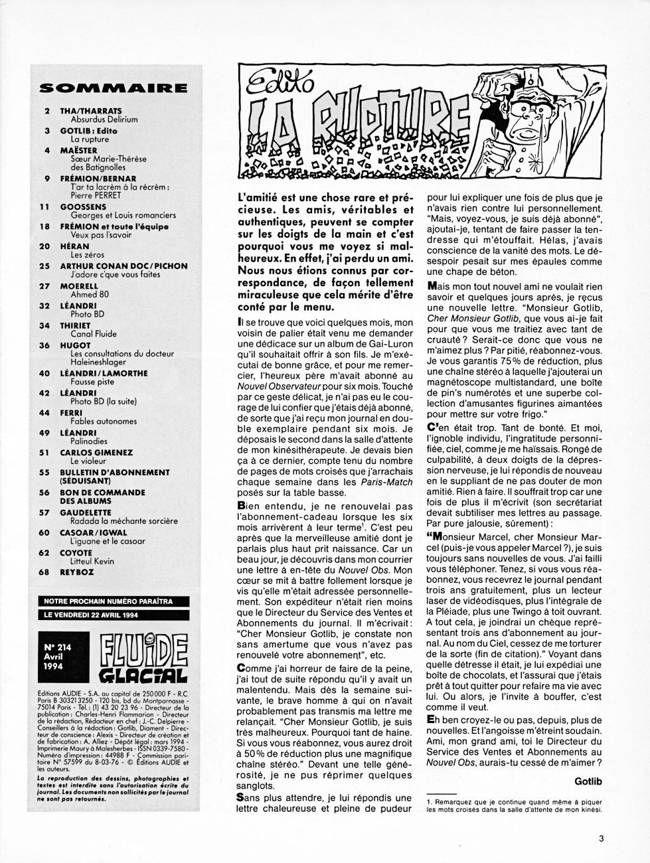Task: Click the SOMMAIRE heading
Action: [x=114, y=86]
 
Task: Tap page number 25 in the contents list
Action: [x=45, y=266]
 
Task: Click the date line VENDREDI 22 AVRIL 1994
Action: [x=108, y=614]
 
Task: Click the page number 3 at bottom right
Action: [x=601, y=838]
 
